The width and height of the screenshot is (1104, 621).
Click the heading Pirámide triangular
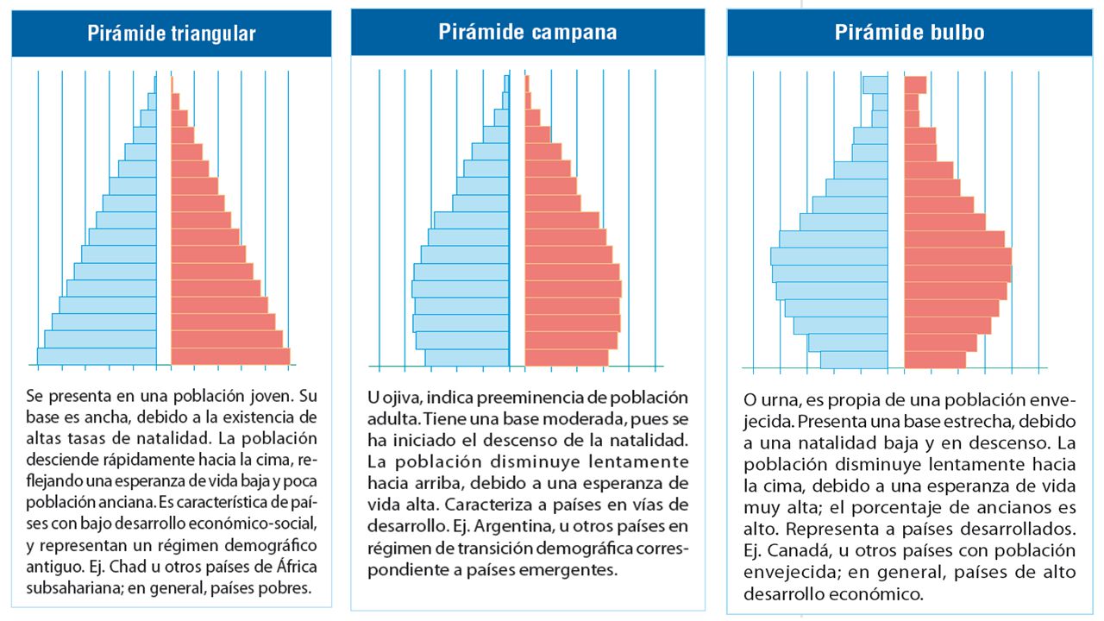(x=172, y=34)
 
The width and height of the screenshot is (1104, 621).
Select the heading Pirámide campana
(x=527, y=32)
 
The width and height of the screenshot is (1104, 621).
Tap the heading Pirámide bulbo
(x=909, y=33)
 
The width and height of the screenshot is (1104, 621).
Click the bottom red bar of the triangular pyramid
(x=230, y=356)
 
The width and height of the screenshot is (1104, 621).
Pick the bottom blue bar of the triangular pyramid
(x=97, y=356)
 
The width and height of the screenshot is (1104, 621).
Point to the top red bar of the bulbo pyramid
(x=915, y=85)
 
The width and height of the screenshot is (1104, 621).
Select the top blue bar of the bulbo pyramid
(x=875, y=85)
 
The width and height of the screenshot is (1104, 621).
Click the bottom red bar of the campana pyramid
(x=567, y=357)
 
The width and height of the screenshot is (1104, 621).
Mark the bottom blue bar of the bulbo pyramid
(x=854, y=360)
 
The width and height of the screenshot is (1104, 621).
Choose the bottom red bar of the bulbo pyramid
(x=935, y=360)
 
